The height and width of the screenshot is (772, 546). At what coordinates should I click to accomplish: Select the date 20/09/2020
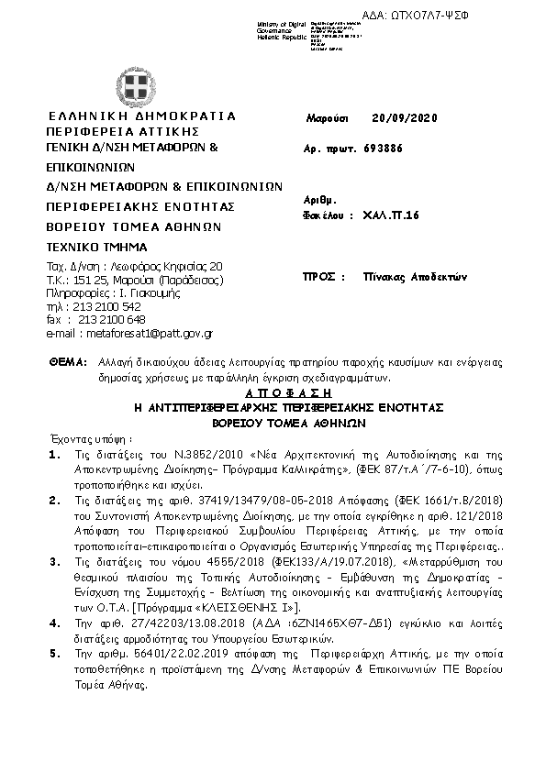pos(406,118)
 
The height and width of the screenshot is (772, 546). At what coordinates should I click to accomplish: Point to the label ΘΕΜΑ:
pos(66,362)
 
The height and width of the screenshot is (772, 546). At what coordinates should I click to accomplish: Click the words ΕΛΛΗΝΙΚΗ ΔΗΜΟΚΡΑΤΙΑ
pos(141,116)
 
